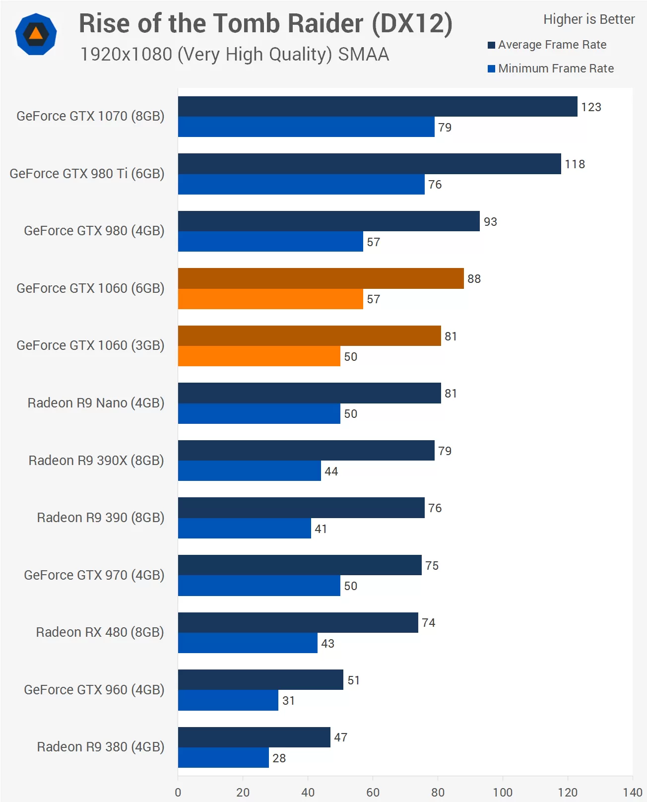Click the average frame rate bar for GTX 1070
(x=377, y=106)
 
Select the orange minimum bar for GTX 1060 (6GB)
(x=270, y=299)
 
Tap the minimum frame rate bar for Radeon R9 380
(x=223, y=757)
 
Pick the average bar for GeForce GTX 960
(x=260, y=679)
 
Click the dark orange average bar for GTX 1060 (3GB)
(x=309, y=335)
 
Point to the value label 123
(x=591, y=107)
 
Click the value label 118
(x=575, y=164)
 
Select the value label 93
(x=490, y=222)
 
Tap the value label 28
(x=279, y=758)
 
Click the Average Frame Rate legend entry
(x=552, y=45)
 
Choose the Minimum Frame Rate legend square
(x=491, y=69)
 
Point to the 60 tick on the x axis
(x=373, y=792)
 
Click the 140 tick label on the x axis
(x=633, y=792)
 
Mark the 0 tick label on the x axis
(x=178, y=792)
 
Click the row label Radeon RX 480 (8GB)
(x=100, y=632)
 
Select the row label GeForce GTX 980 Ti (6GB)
(x=87, y=174)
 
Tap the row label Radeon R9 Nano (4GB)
(x=96, y=403)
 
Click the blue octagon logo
(x=36, y=34)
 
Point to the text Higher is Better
(x=588, y=19)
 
